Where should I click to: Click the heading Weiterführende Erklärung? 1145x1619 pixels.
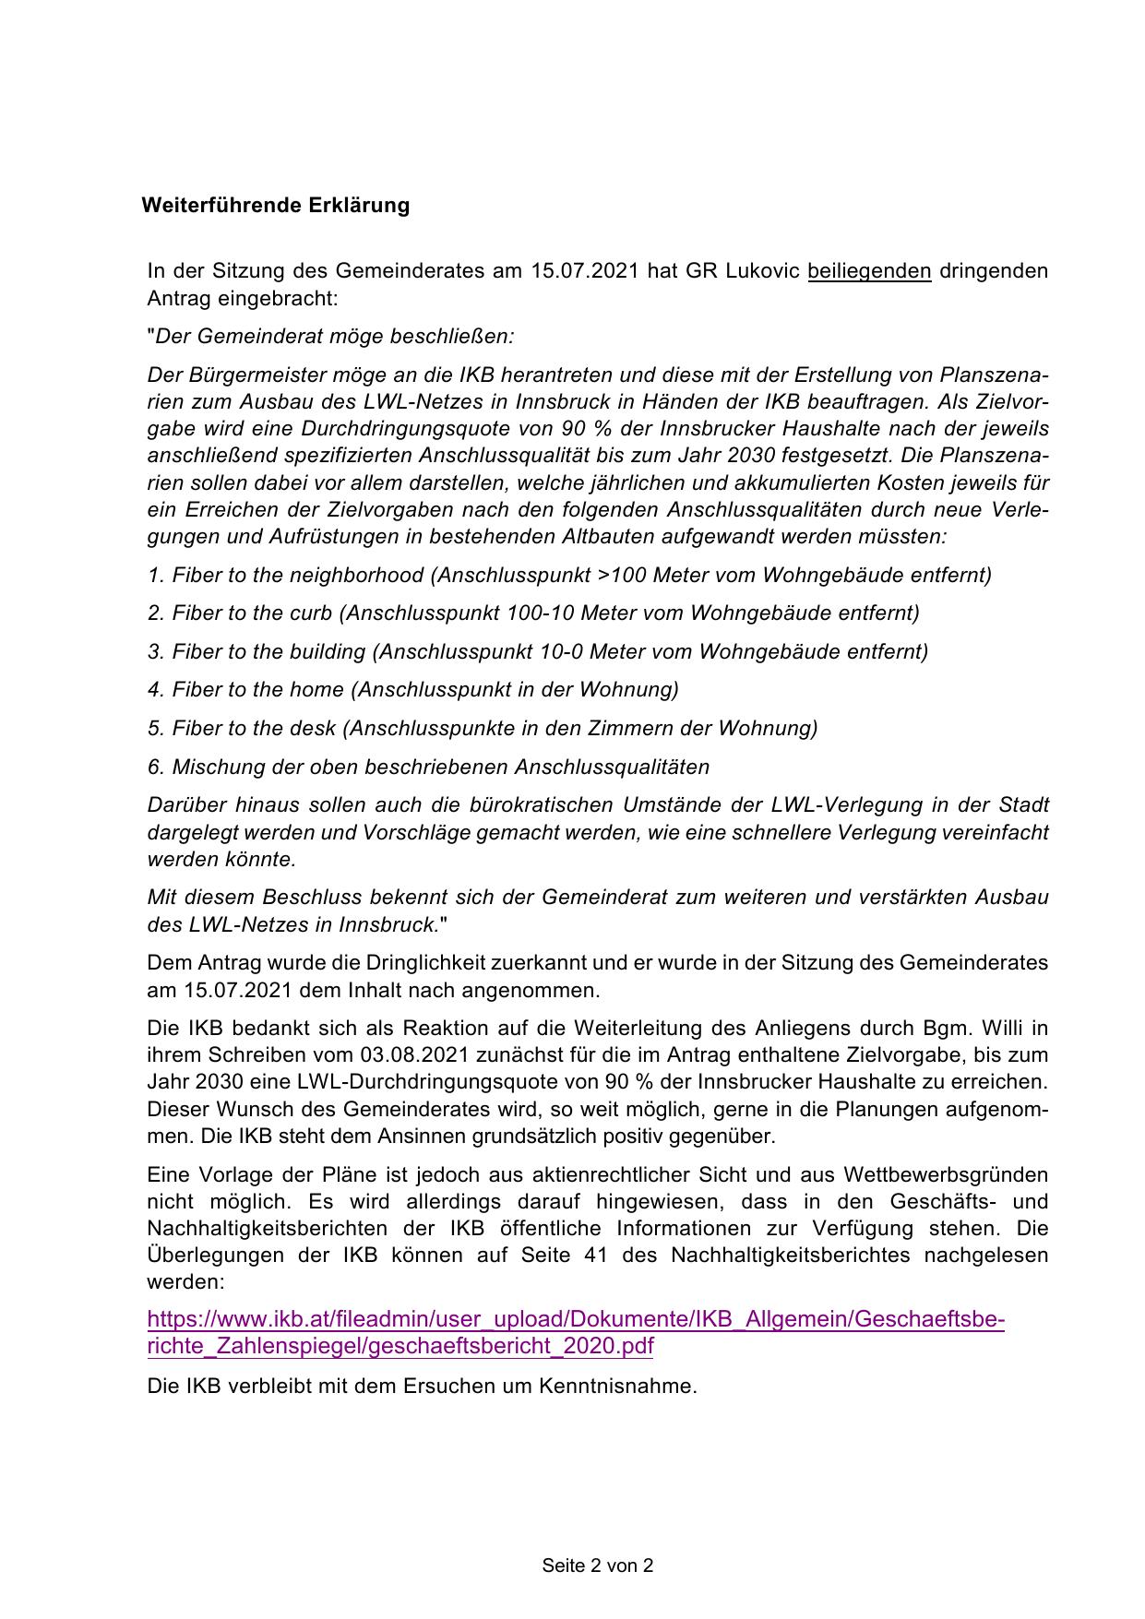tap(275, 205)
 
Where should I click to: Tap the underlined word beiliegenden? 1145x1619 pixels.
tap(868, 271)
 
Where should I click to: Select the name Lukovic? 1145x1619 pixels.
tap(762, 271)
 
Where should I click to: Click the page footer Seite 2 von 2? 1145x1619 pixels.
tap(598, 1565)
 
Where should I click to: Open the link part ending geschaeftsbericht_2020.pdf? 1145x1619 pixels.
tap(400, 1346)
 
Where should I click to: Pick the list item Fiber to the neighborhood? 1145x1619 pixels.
tap(569, 576)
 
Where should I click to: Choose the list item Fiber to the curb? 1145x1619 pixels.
tap(533, 613)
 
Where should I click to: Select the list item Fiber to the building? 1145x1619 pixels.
tap(538, 652)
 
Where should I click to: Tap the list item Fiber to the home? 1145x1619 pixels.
tap(413, 690)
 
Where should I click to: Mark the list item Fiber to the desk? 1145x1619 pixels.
tap(483, 729)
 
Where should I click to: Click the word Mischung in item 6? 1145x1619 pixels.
tap(214, 768)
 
